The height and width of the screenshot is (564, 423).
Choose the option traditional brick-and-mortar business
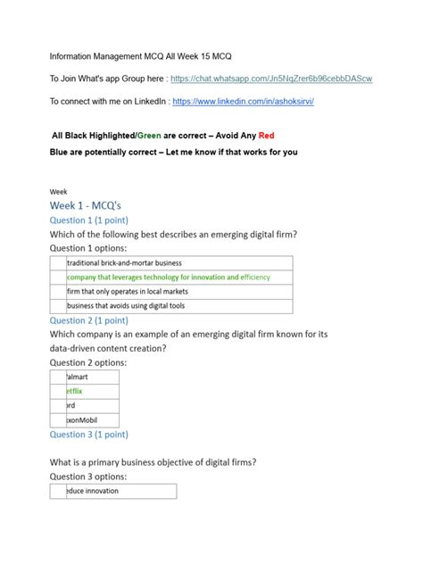124,263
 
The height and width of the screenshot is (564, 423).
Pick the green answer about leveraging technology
169,278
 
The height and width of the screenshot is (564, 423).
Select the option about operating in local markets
129,292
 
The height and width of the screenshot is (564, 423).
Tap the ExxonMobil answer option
84,420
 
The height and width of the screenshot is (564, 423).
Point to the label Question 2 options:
88,362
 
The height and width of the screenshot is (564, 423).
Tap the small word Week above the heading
58,190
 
